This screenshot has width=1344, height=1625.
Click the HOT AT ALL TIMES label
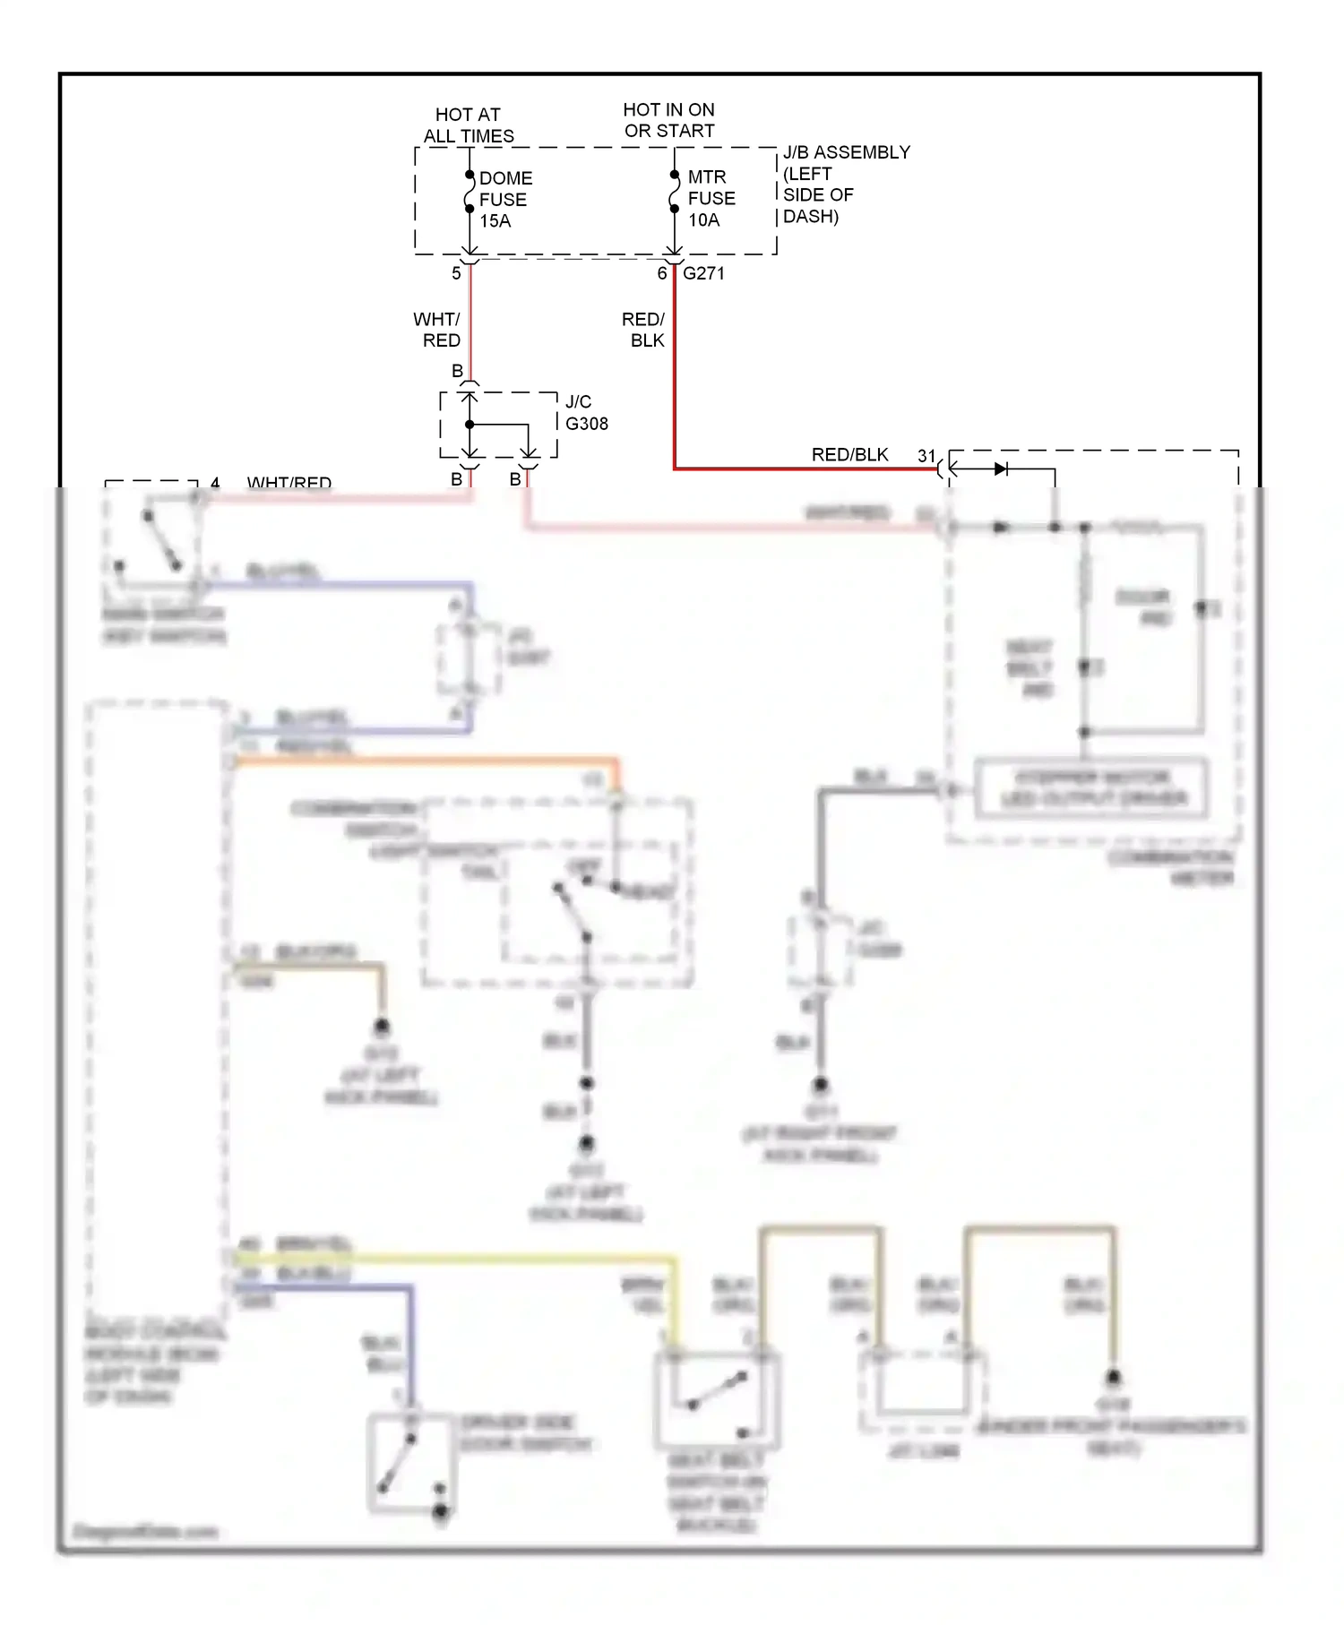coord(468,125)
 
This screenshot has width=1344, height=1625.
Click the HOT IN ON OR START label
coord(669,120)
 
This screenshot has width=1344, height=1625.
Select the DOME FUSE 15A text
coord(505,199)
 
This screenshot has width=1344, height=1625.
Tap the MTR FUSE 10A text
coord(711,198)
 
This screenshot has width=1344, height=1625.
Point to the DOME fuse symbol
coord(469,193)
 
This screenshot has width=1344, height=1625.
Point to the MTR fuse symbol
coord(674,192)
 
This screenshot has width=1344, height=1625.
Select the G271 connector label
coord(703,273)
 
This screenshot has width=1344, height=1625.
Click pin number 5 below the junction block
coord(456,273)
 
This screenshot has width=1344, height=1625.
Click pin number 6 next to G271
coord(662,273)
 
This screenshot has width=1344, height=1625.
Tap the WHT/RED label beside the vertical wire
coord(437,330)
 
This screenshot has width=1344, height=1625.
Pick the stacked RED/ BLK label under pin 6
coord(644,330)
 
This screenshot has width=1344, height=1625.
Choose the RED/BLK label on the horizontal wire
coord(849,455)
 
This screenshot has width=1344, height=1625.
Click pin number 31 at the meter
coord(926,456)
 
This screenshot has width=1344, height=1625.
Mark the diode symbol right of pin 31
coord(1001,469)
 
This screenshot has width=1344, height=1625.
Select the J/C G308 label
coord(586,412)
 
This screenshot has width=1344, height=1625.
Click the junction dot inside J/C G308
coord(470,425)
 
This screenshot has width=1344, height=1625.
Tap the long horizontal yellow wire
coord(448,1259)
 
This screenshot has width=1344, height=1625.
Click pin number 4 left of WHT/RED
coord(215,484)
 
